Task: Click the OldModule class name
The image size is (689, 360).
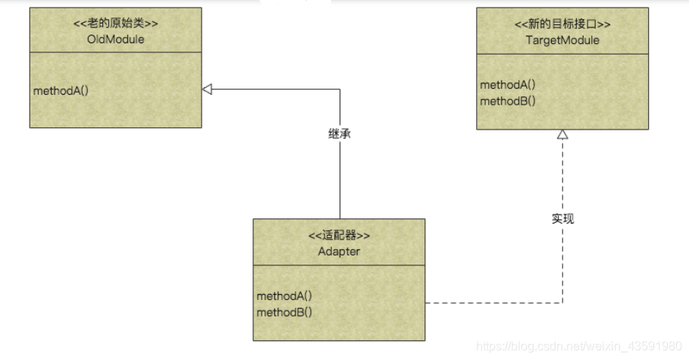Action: click(116, 39)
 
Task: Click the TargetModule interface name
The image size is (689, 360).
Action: click(562, 40)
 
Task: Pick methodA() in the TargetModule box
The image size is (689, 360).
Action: click(508, 85)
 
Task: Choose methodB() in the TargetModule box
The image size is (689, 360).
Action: click(508, 100)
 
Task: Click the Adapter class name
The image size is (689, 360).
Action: click(339, 251)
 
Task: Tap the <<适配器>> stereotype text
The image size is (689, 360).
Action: click(339, 236)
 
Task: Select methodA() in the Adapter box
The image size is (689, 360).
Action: click(284, 296)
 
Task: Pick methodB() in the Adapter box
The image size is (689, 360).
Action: click(284, 311)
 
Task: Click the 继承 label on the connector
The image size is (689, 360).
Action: click(340, 133)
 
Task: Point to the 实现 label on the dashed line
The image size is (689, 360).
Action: click(562, 219)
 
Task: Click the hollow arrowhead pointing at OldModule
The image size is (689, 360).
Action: click(207, 89)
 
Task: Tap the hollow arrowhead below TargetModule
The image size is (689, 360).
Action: click(562, 134)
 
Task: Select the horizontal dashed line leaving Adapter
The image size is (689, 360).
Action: click(493, 303)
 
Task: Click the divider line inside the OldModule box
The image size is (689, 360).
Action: click(116, 52)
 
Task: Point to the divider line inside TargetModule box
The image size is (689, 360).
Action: click(562, 54)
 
